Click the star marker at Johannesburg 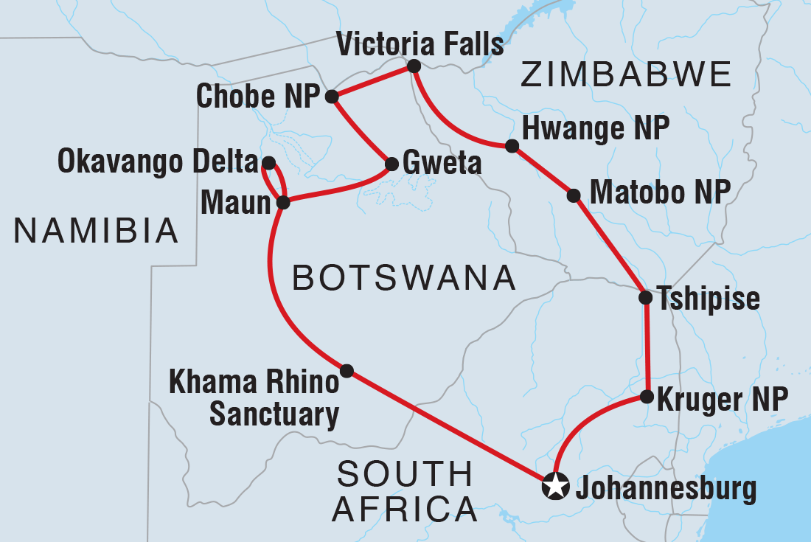tap(554, 486)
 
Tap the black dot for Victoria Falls tap(414, 67)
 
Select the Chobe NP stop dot tap(332, 96)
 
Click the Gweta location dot tap(390, 163)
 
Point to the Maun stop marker tap(282, 201)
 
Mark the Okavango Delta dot tap(268, 162)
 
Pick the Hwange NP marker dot tap(512, 145)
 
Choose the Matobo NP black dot tap(574, 195)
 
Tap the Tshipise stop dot tap(645, 298)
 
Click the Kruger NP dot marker tap(647, 397)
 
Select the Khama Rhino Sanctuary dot tap(347, 369)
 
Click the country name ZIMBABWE tap(626, 75)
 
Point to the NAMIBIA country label tap(97, 232)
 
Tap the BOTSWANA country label tap(403, 278)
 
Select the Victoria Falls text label tap(420, 44)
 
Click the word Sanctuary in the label tap(274, 415)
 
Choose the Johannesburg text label tap(667, 487)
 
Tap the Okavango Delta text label tap(158, 163)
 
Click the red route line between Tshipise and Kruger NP tap(647, 347)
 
